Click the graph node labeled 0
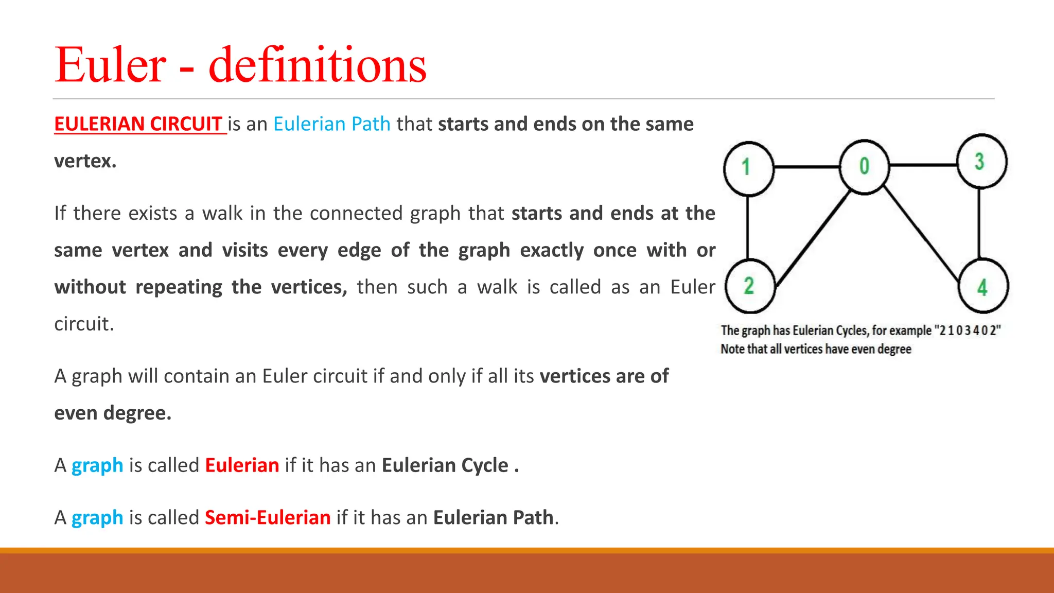click(864, 167)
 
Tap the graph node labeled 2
click(749, 286)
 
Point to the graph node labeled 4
click(983, 286)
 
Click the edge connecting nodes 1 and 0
click(806, 167)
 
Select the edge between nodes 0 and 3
click(923, 165)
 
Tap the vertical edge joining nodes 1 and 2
click(748, 227)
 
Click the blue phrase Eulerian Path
click(331, 124)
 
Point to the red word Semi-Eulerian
click(268, 517)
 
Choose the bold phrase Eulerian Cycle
click(445, 465)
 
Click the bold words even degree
click(112, 413)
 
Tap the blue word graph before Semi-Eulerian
click(97, 517)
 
